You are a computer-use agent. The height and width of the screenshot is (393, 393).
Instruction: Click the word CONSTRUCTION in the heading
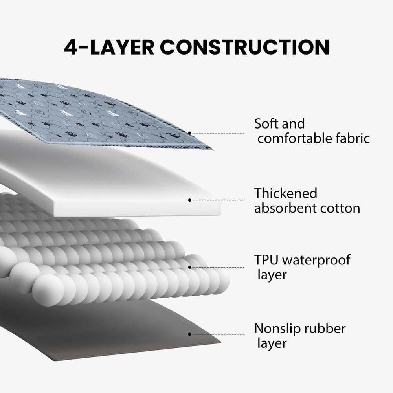point(244,47)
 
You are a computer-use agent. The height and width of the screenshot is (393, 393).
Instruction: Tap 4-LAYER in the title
point(109,47)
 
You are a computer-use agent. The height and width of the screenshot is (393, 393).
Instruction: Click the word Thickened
point(286,193)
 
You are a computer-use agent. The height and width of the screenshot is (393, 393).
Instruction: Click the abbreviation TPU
point(266,260)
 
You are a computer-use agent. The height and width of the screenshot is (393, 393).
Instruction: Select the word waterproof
point(316,261)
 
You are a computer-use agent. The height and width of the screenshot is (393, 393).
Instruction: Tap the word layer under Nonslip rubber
point(272,344)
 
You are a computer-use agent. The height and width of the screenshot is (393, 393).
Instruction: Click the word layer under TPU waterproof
point(272,275)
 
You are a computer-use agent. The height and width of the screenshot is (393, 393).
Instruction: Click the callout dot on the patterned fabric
point(190,133)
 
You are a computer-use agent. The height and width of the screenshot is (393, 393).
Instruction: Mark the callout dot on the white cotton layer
point(190,200)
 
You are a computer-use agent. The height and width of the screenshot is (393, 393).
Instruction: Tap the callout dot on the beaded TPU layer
point(190,267)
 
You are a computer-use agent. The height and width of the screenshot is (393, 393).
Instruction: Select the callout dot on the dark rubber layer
point(190,334)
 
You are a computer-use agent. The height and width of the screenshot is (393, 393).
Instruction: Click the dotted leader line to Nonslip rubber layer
point(218,334)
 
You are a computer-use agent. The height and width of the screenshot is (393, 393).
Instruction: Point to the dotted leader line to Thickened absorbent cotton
point(218,200)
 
